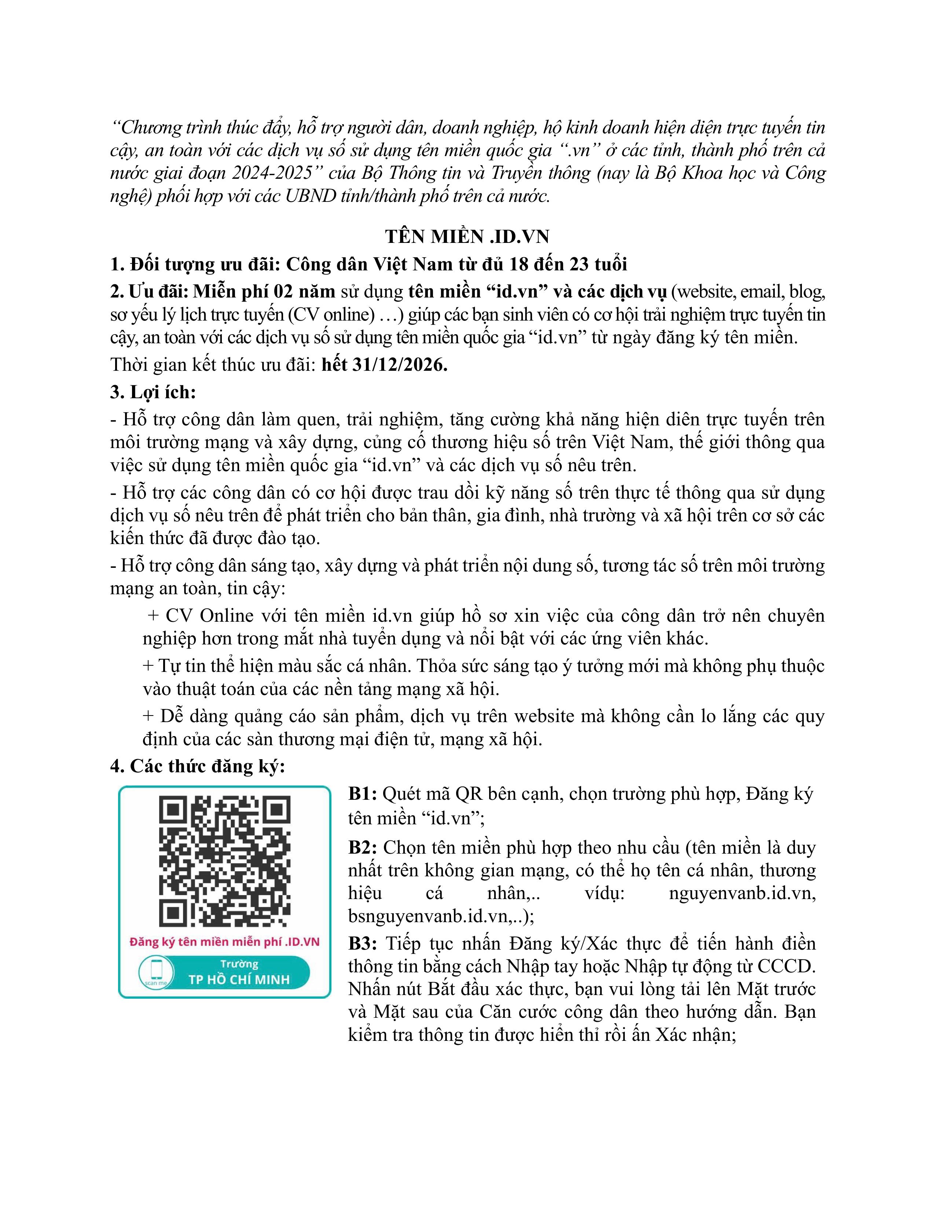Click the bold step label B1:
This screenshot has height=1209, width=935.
pos(363,794)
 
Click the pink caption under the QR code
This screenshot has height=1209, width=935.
pos(224,942)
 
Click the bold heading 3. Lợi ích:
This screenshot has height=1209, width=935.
pos(153,392)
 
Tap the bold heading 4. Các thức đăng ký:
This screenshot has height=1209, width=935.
pos(198,766)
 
